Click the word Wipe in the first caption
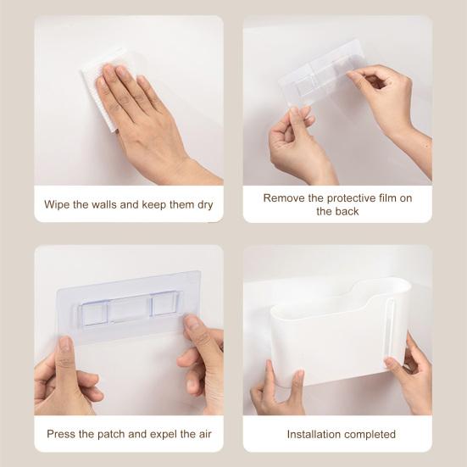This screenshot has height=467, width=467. point(58,205)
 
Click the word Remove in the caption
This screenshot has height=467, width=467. point(283,198)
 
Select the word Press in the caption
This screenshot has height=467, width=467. point(62,435)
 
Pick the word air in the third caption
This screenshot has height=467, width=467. point(203,435)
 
